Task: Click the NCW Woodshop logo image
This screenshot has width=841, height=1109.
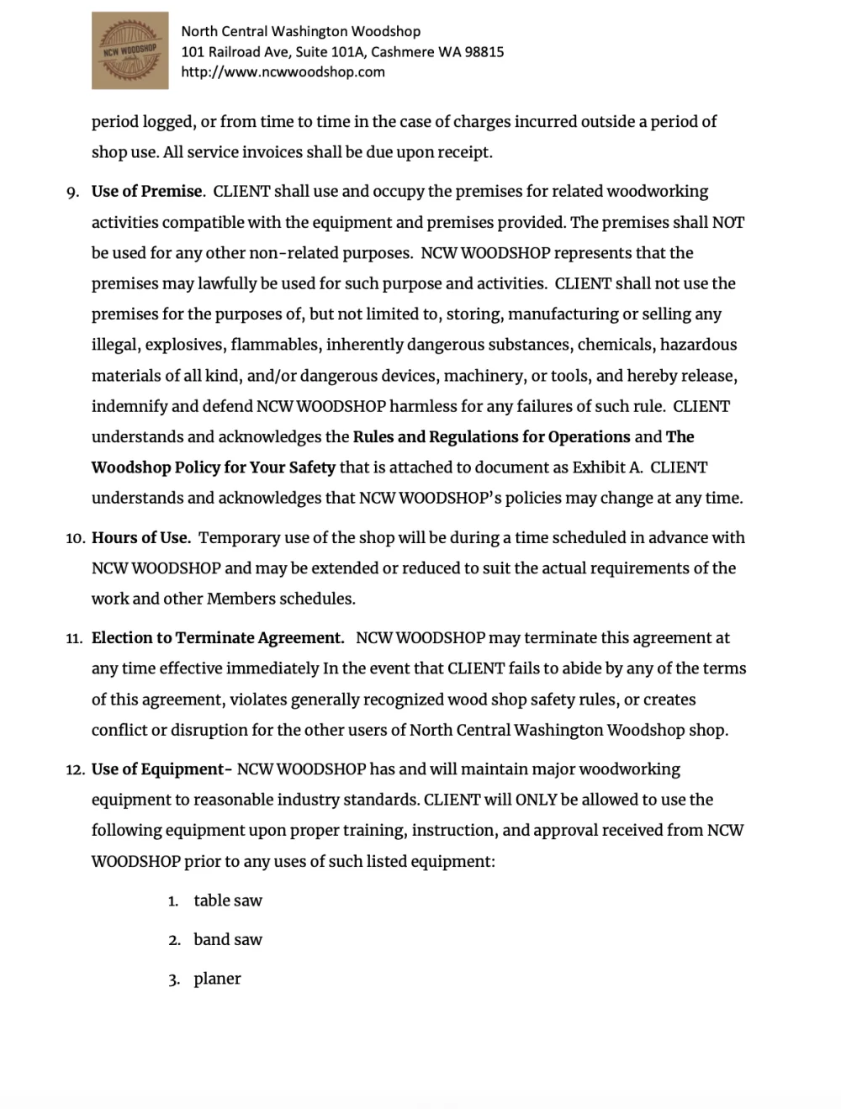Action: pyautogui.click(x=130, y=50)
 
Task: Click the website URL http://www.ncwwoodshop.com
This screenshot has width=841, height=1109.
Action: pyautogui.click(x=283, y=72)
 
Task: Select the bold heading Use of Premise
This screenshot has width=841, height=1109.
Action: pyautogui.click(x=146, y=192)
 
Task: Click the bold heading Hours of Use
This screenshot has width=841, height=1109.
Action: pyautogui.click(x=140, y=538)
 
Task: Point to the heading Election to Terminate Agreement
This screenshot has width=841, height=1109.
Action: pyautogui.click(x=217, y=638)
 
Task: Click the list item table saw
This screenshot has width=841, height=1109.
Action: pyautogui.click(x=228, y=900)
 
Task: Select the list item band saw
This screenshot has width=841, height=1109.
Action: pyautogui.click(x=228, y=940)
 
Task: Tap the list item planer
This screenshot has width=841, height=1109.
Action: pyautogui.click(x=217, y=979)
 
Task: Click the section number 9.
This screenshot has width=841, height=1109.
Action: pyautogui.click(x=72, y=193)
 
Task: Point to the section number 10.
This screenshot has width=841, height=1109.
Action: pyautogui.click(x=74, y=539)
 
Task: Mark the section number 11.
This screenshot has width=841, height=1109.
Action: pyautogui.click(x=74, y=639)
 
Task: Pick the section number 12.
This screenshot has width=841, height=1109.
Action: pyautogui.click(x=74, y=770)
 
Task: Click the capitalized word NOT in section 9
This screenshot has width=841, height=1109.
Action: pyautogui.click(x=727, y=223)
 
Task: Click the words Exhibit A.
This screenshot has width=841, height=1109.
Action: pyautogui.click(x=607, y=467)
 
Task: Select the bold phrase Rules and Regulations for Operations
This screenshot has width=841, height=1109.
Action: pyautogui.click(x=491, y=437)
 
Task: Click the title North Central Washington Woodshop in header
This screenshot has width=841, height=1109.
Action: pyautogui.click(x=301, y=32)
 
